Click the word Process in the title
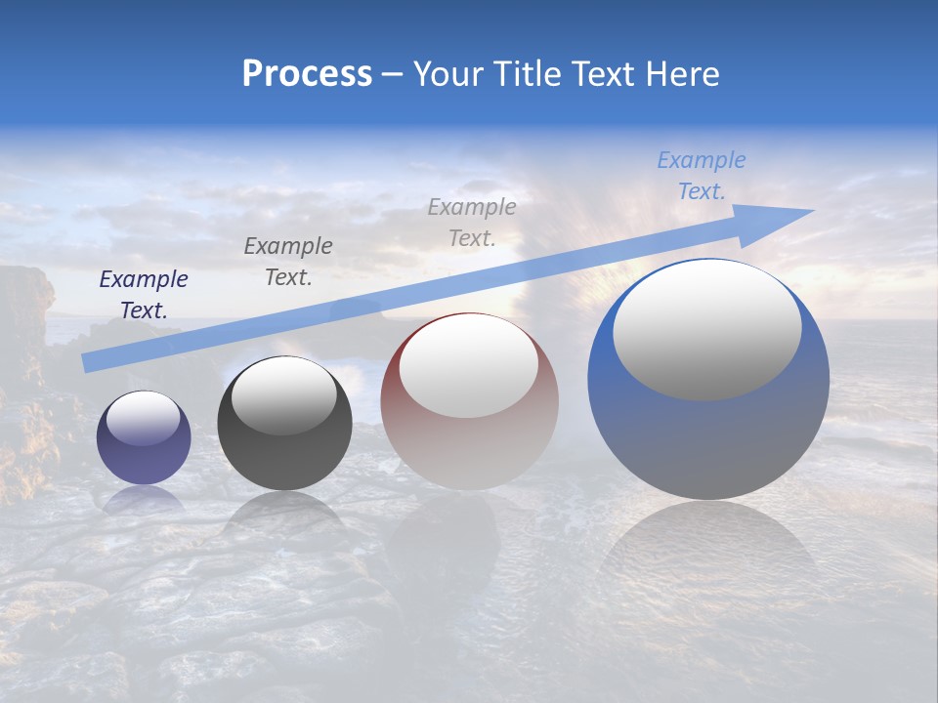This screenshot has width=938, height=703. [x=307, y=74]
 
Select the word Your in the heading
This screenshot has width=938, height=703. [x=448, y=74]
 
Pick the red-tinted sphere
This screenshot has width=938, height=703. [x=469, y=449]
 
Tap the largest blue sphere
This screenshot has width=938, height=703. [x=708, y=439]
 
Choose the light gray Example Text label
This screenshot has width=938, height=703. [x=472, y=222]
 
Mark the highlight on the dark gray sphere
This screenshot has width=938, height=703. [x=283, y=395]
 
